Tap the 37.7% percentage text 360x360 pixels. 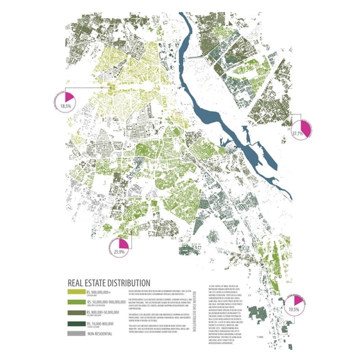click(x=297, y=133)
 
